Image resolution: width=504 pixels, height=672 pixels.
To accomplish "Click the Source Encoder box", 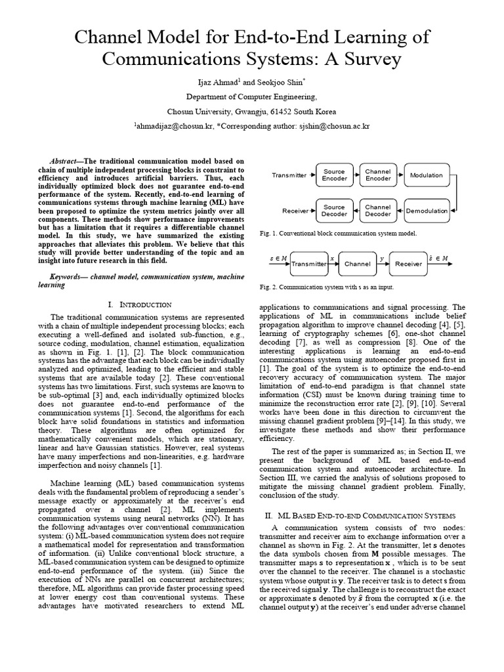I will pos(334,175).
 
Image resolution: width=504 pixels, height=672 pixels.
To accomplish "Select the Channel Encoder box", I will pos(378,175).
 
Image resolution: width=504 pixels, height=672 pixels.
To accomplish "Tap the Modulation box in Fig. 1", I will pos(426,175).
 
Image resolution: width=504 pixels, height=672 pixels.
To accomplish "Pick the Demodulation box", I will pos(426,211).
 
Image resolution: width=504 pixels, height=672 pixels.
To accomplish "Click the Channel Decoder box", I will pos(378,211).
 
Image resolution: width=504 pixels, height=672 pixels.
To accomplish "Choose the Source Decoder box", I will pos(334,211).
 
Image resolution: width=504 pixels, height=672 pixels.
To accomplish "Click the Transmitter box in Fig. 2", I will pos(308,264).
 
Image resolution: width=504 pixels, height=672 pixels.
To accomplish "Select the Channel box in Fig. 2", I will pos(358,264).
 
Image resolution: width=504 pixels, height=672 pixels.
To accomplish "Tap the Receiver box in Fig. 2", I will pos(408,264).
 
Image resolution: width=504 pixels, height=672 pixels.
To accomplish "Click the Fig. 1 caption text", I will pos(337,233).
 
